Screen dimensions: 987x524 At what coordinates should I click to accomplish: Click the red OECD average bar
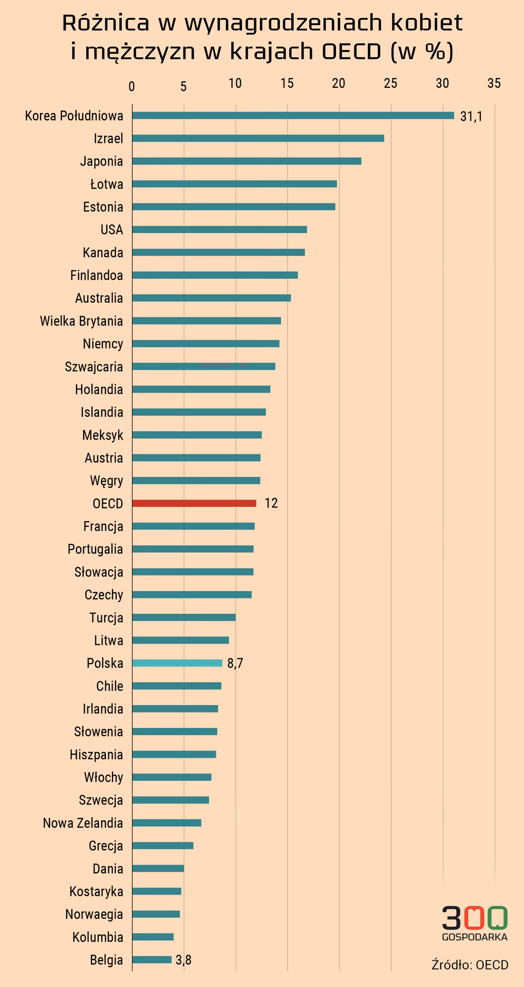[x=194, y=503]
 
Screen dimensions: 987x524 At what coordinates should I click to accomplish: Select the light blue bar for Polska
[x=177, y=663]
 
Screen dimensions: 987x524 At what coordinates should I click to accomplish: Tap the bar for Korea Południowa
[x=293, y=116]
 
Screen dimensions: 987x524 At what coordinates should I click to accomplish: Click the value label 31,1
[x=471, y=117]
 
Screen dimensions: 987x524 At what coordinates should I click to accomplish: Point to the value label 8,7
[x=235, y=664]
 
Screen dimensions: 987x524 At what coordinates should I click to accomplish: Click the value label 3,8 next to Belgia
[x=183, y=960]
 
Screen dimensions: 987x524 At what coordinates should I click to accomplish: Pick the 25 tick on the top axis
[x=390, y=83]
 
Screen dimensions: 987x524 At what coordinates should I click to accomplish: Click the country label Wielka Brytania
[x=81, y=321]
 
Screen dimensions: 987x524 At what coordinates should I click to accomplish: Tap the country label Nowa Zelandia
[x=83, y=823]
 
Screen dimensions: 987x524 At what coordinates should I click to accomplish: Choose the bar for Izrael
[x=258, y=138]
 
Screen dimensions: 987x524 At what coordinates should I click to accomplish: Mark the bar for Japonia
[x=247, y=161]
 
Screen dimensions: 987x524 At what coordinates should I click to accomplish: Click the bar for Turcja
[x=183, y=617]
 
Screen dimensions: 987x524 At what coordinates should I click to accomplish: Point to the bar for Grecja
[x=162, y=846]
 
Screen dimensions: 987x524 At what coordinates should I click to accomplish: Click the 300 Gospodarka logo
[x=474, y=923]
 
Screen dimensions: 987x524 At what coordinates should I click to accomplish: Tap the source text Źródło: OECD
[x=470, y=965]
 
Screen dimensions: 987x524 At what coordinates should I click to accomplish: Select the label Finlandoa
[x=97, y=276]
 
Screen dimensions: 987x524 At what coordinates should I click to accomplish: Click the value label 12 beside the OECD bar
[x=271, y=503]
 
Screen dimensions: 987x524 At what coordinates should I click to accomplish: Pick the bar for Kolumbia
[x=153, y=937]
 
